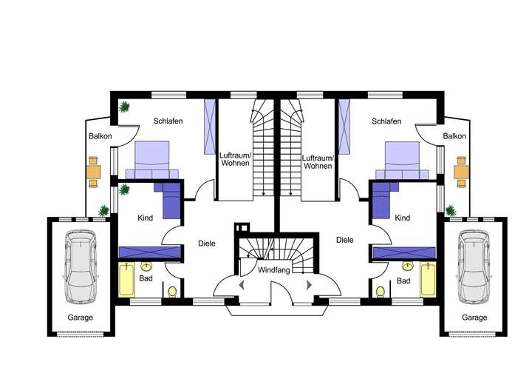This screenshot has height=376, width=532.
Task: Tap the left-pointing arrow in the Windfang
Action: pyautogui.click(x=240, y=285)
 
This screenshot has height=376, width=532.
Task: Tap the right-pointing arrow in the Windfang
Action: pyautogui.click(x=308, y=285)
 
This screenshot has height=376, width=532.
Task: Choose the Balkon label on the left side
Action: pyautogui.click(x=100, y=136)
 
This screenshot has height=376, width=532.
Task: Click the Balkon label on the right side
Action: pyautogui.click(x=454, y=136)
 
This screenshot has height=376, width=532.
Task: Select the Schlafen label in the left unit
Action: pyautogui.click(x=168, y=121)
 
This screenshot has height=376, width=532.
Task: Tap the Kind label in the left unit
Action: pyautogui.click(x=145, y=218)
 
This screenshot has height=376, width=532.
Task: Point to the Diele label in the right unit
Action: pyautogui.click(x=344, y=240)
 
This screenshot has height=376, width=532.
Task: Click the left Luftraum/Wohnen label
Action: pyautogui.click(x=236, y=161)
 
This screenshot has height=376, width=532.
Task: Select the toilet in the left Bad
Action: pyautogui.click(x=171, y=291)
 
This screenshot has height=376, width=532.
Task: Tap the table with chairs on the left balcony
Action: pyautogui.click(x=94, y=171)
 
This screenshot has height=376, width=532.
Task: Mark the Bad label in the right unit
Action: pyautogui.click(x=403, y=281)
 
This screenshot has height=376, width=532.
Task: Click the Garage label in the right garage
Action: pyautogui.click(x=474, y=318)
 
